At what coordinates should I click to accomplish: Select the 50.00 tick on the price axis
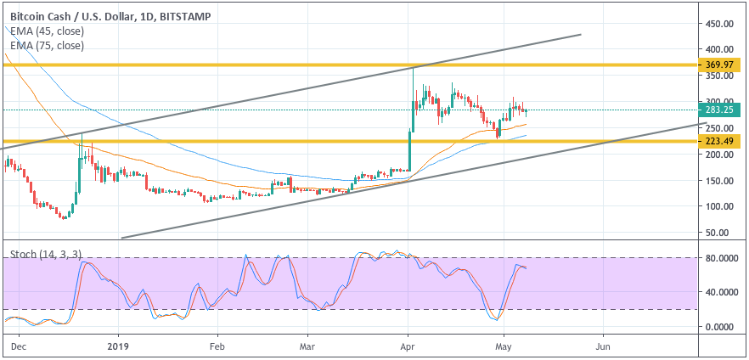(718, 232)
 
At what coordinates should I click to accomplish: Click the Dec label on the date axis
(20, 347)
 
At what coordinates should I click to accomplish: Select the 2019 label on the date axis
(118, 347)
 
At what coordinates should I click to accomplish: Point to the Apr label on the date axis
(408, 347)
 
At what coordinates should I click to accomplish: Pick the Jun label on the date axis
(603, 347)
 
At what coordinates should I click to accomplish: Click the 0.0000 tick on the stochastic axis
(720, 326)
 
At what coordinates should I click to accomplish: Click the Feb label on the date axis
(217, 347)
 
